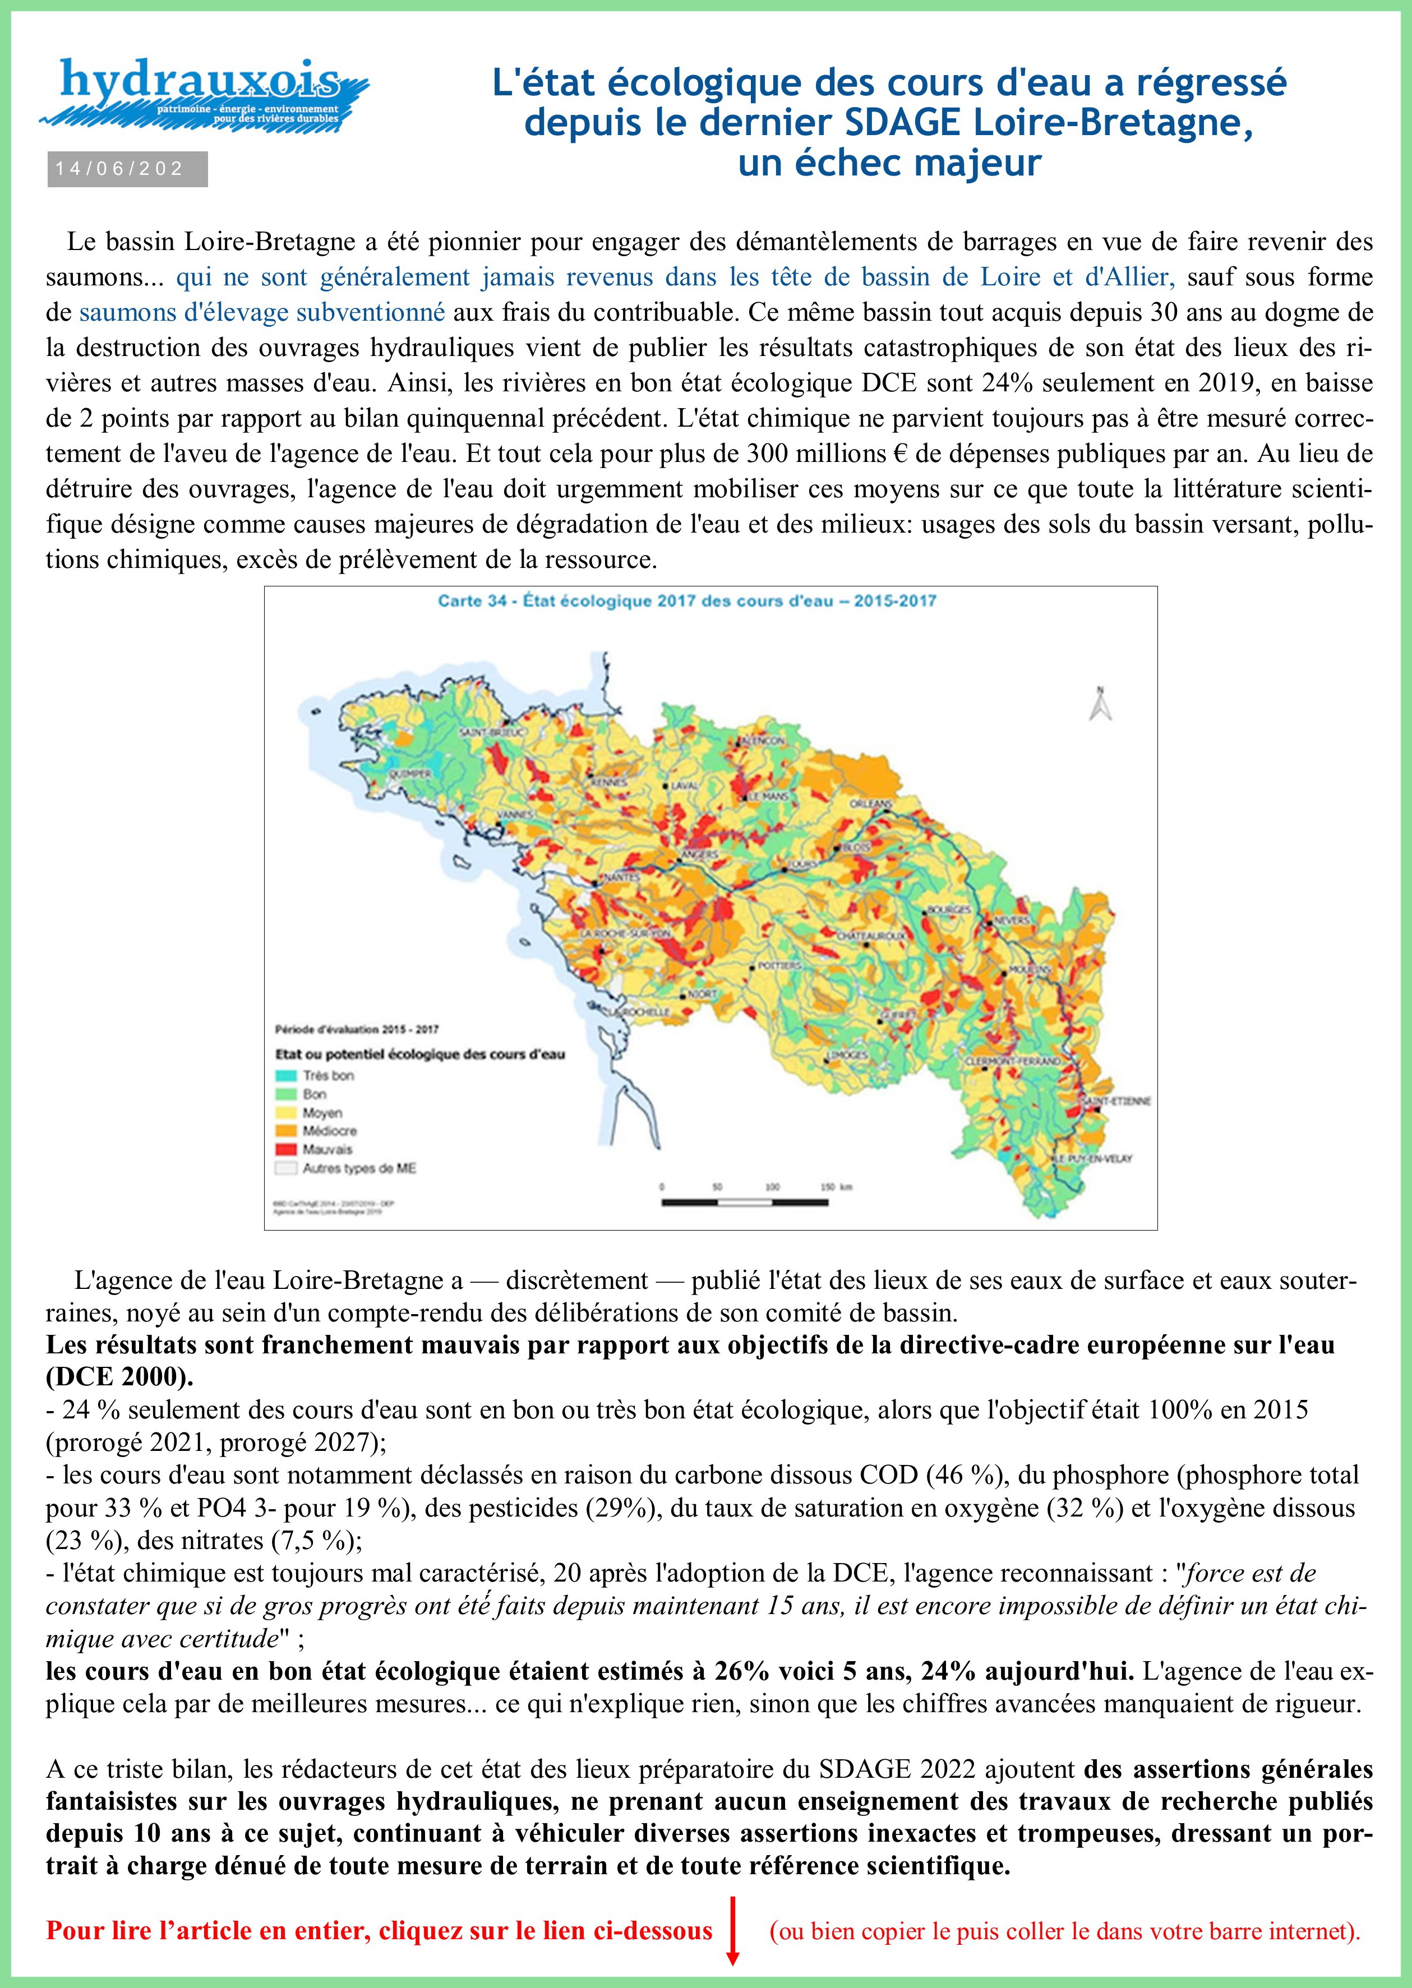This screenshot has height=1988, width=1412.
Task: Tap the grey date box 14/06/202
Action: tap(127, 169)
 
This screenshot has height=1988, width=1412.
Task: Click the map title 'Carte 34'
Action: tap(687, 600)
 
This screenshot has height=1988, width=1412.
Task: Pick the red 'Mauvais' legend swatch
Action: tap(287, 1150)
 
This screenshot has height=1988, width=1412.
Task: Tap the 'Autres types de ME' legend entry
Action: tap(359, 1168)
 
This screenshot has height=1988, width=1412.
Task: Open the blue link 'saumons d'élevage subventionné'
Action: tap(262, 312)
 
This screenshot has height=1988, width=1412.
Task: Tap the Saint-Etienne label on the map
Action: tap(1115, 1101)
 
